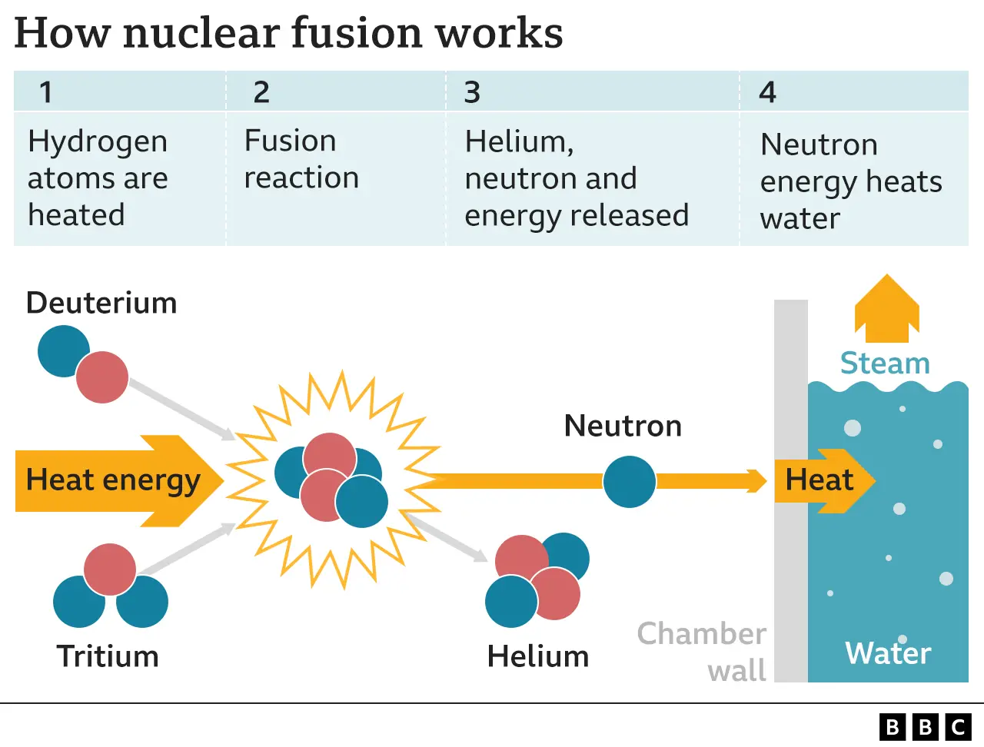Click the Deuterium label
pyautogui.click(x=101, y=303)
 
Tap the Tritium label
pyautogui.click(x=108, y=656)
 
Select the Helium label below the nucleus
pyautogui.click(x=538, y=656)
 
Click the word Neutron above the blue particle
pyautogui.click(x=623, y=426)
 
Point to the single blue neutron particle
pyautogui.click(x=629, y=482)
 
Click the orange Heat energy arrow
pyautogui.click(x=115, y=480)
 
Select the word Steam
pyautogui.click(x=885, y=363)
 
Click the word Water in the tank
pyautogui.click(x=888, y=653)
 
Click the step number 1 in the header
pyautogui.click(x=46, y=92)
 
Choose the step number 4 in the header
pyautogui.click(x=767, y=92)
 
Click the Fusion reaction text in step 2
pyautogui.click(x=301, y=159)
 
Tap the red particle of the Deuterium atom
pyautogui.click(x=102, y=377)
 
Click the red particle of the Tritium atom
pyautogui.click(x=110, y=569)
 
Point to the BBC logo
pyautogui.click(x=926, y=726)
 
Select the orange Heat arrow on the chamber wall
pyautogui.click(x=823, y=480)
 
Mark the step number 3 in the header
pyautogui.click(x=472, y=92)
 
